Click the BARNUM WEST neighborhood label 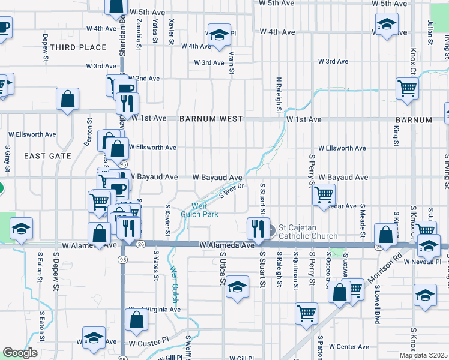pos(210,119)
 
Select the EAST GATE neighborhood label pos(47,156)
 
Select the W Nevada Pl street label pos(423,262)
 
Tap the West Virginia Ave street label pos(154,310)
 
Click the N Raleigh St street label pos(279,95)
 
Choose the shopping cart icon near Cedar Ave pos(324,194)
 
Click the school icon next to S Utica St pos(238,287)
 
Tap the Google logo pos(20,353)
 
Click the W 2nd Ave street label pos(142,79)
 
